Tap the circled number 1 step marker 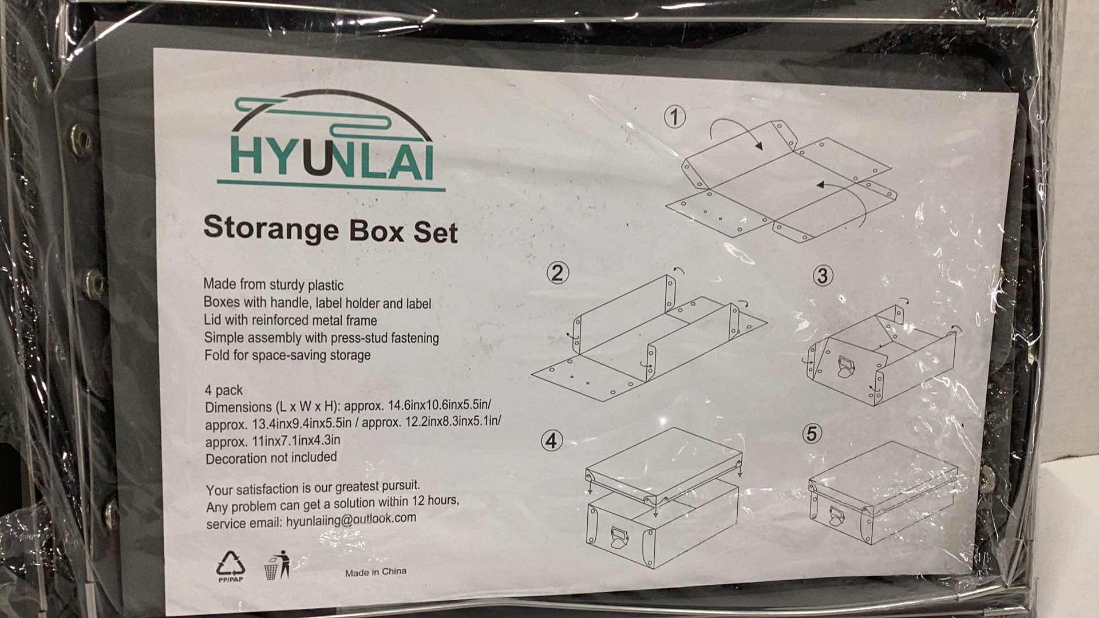(675, 117)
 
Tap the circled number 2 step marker (558, 273)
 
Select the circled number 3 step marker (822, 276)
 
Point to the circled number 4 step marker (551, 441)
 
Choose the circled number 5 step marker (811, 434)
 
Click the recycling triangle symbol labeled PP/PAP (230, 565)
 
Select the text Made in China (375, 572)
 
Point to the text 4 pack (223, 390)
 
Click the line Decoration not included (271, 458)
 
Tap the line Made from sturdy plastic (273, 284)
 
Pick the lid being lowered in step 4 (664, 463)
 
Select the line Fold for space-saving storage (287, 355)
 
